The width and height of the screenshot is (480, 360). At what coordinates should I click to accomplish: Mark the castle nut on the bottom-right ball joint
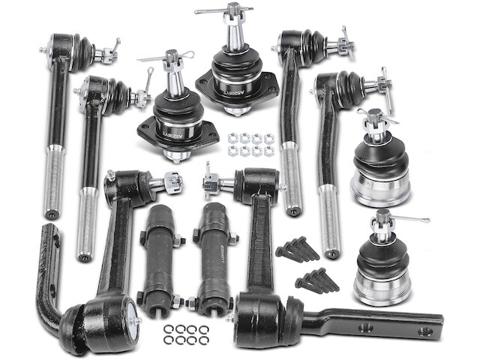click(383, 220)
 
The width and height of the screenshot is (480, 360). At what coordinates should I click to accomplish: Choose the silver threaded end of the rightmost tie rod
click(329, 217)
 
